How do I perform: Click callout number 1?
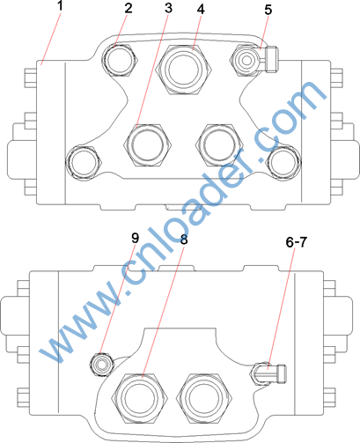pos(60,6)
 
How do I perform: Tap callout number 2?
pos(129,9)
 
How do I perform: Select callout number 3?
pos(168,8)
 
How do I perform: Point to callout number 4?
pos(201,10)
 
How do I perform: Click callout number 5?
pos(268,10)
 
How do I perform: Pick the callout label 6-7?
pos(296,242)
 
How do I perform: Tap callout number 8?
pos(184,240)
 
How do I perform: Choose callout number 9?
pos(135,238)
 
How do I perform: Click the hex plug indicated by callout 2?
pos(120,60)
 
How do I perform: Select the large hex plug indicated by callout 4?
pos(185,70)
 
